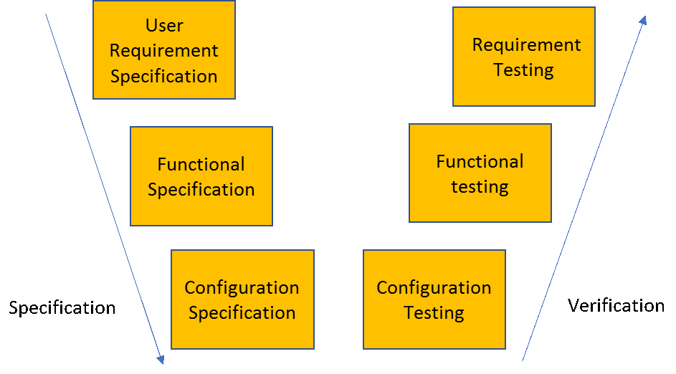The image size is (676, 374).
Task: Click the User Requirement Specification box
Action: coord(164,50)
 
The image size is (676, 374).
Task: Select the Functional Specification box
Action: coord(201,176)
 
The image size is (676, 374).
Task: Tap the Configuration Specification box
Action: coord(243,299)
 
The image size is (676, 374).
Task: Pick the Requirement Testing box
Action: coord(524,57)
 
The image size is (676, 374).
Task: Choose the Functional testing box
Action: coord(480,173)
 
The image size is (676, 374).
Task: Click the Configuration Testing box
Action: coord(434,299)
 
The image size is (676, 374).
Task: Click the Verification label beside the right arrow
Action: coord(616,305)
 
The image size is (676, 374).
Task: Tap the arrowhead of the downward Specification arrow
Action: coord(161,360)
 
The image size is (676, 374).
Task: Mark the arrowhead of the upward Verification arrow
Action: coord(643,20)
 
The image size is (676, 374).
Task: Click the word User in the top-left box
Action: coord(164,25)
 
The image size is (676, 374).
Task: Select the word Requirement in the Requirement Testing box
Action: coord(526,45)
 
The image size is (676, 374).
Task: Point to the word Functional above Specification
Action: coord(201,164)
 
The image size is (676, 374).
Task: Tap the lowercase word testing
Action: coord(480,188)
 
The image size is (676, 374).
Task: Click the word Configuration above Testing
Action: coord(434,288)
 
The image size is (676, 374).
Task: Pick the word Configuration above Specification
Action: coord(242,288)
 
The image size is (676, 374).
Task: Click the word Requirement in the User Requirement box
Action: coord(164,52)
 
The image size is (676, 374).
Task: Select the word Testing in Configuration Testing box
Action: coord(434,313)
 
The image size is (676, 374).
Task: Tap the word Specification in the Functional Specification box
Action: coord(201,190)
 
